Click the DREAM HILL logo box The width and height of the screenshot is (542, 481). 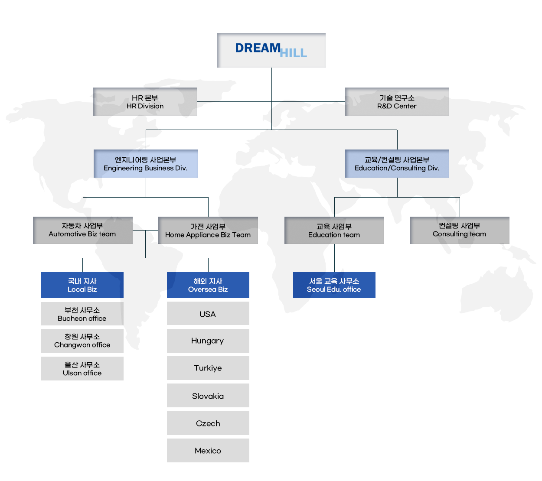pyautogui.click(x=271, y=50)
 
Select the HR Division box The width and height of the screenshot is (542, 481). pyautogui.click(x=145, y=102)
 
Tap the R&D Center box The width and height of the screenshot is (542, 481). pyautogui.click(x=397, y=102)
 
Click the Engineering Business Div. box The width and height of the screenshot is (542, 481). pyautogui.click(x=146, y=164)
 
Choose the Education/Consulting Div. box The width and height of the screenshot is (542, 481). pyautogui.click(x=397, y=164)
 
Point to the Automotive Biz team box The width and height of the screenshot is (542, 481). pyautogui.click(x=83, y=230)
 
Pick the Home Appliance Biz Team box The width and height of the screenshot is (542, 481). pyautogui.click(x=208, y=231)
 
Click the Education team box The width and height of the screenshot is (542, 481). pyautogui.click(x=334, y=231)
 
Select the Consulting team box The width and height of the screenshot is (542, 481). pyautogui.click(x=459, y=230)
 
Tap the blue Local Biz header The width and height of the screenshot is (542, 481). pyautogui.click(x=82, y=285)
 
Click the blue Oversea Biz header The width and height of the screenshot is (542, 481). pyautogui.click(x=208, y=285)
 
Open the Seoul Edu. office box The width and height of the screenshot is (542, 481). pyautogui.click(x=334, y=285)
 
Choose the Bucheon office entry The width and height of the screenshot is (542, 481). pyautogui.click(x=82, y=314)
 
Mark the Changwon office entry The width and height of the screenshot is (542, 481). pyautogui.click(x=82, y=341)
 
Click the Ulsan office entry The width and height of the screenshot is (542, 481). pyautogui.click(x=82, y=368)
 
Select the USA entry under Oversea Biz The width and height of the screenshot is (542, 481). pyautogui.click(x=208, y=314)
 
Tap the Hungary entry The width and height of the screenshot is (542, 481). pyautogui.click(x=208, y=341)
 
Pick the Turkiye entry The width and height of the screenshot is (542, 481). pyautogui.click(x=208, y=368)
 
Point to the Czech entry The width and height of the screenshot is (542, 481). pyautogui.click(x=208, y=423)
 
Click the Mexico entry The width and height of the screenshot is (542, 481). pyautogui.click(x=208, y=450)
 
